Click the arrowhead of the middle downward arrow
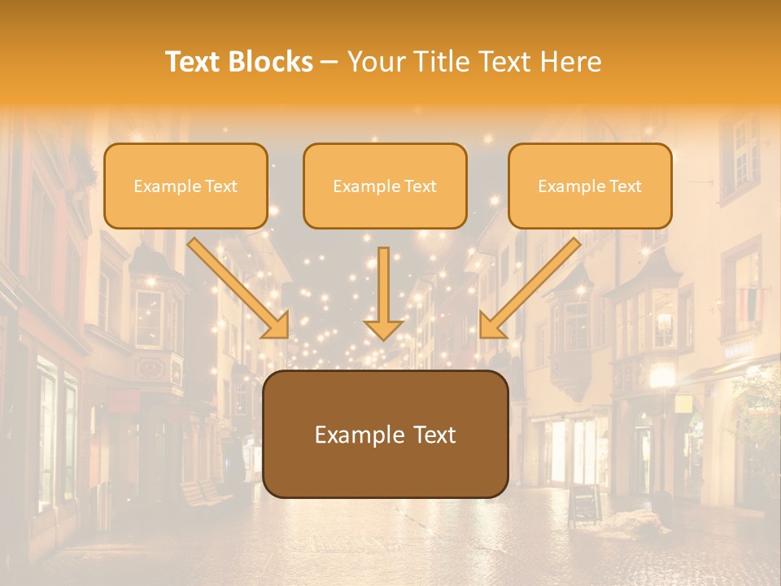[384, 329]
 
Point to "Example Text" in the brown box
[385, 435]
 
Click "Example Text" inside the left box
[185, 186]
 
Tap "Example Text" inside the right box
[590, 186]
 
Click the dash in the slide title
[329, 62]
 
